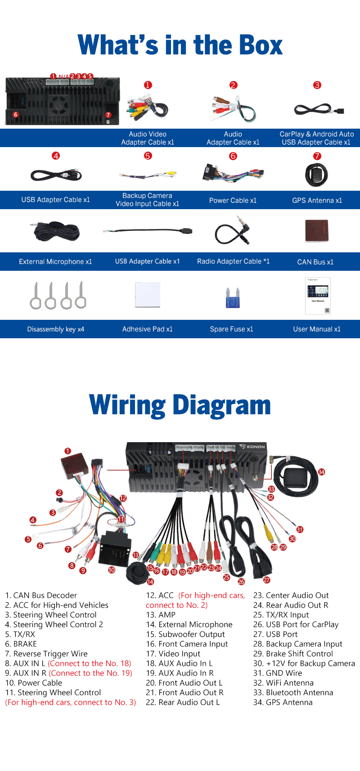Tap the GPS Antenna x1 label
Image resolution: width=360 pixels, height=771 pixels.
coord(317,200)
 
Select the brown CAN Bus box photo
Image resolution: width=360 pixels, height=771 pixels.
coord(317,231)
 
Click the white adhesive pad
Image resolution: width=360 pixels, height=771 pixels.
coord(148,295)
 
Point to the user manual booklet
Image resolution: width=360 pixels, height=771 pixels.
coord(318,296)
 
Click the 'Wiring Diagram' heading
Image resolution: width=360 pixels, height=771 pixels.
coord(180,405)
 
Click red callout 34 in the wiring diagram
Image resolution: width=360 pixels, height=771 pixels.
coord(321,472)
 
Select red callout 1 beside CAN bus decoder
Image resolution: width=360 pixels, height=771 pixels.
coord(67,451)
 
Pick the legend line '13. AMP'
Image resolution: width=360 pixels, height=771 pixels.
coord(161,614)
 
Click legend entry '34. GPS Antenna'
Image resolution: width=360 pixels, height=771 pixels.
coord(283,702)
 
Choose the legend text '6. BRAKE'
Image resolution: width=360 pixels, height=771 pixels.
coord(21,644)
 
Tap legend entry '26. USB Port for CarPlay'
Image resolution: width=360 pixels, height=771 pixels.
coord(296,624)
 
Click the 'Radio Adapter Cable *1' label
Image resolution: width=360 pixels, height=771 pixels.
coord(233,261)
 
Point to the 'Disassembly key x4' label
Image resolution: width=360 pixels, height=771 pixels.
coord(55,329)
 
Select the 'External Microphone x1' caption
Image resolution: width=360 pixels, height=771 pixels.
coord(55,261)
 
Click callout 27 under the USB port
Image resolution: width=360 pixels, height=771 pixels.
coord(267,580)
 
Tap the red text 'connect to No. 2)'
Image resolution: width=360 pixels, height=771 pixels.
coord(176,605)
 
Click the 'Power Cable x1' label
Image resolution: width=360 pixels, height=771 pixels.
coord(233,200)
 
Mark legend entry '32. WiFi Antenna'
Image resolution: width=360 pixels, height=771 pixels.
coord(283,683)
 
